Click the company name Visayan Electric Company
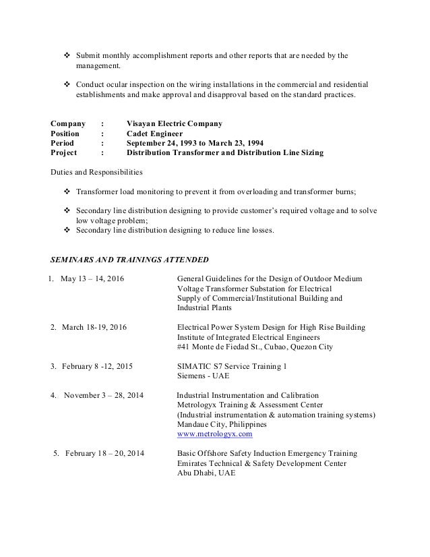(x=174, y=124)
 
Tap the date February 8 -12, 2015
(x=97, y=367)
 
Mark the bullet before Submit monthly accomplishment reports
(x=66, y=55)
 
